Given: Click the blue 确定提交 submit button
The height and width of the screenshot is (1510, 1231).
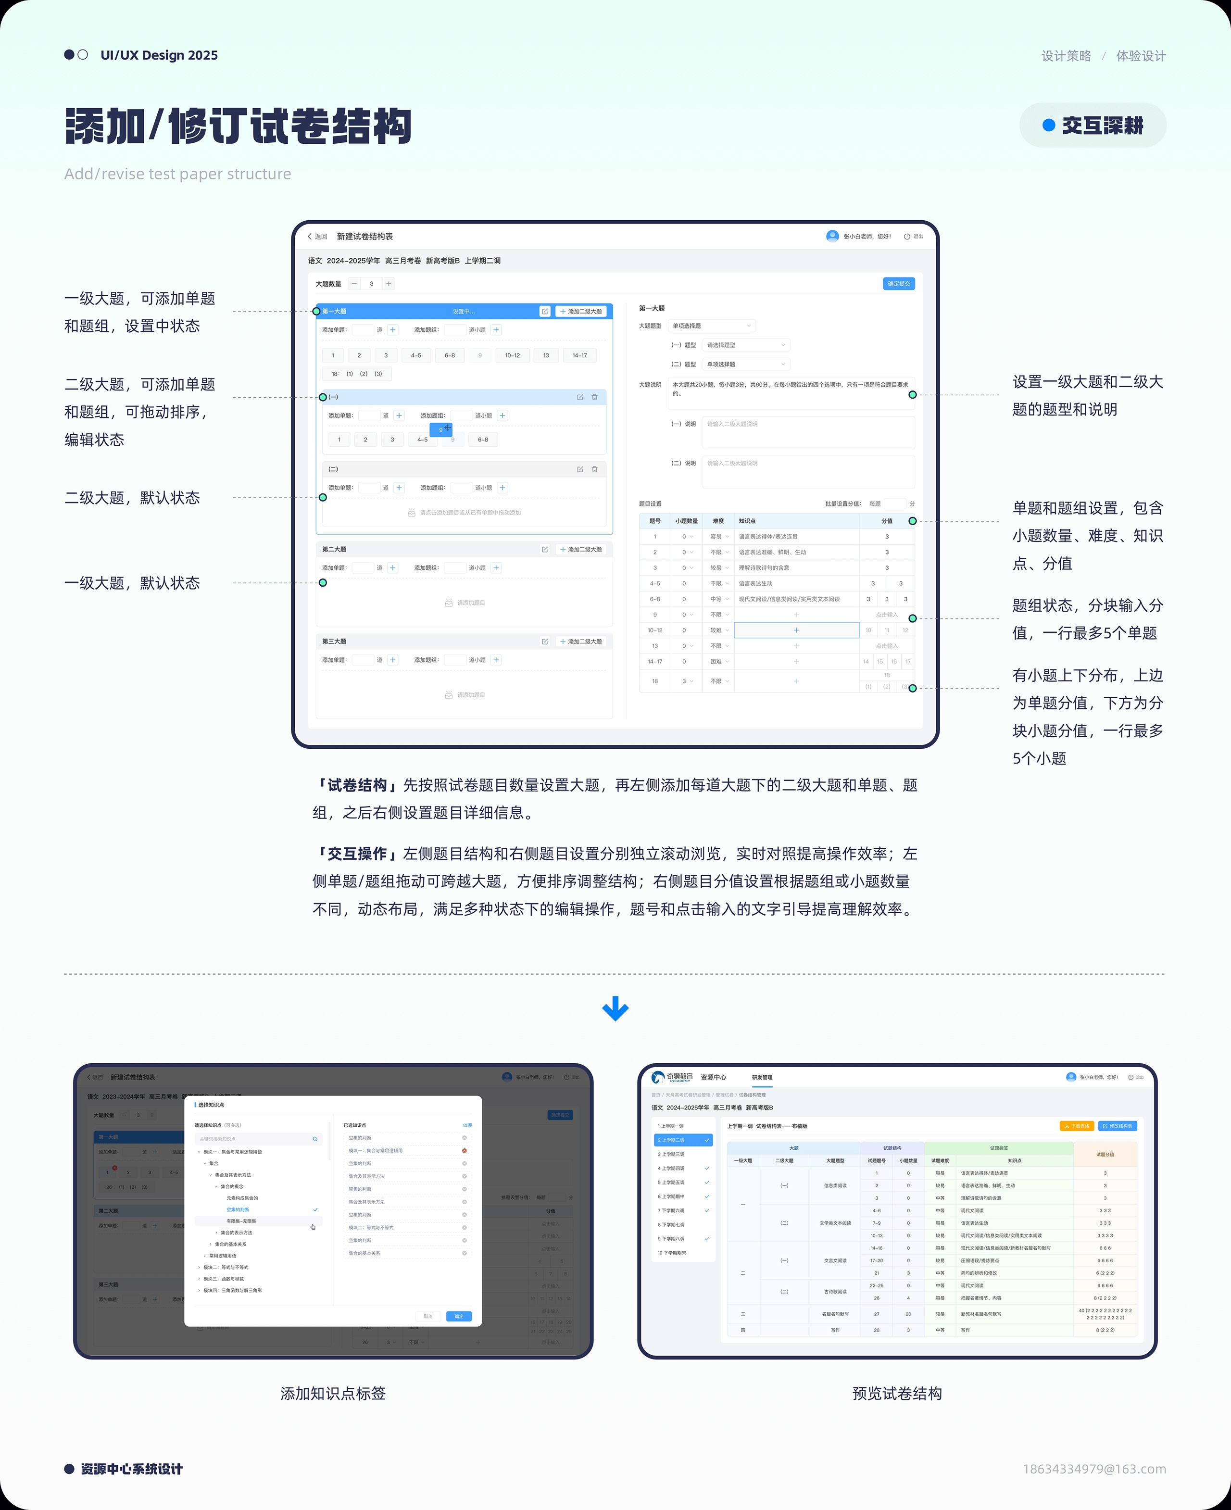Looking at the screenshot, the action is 898,284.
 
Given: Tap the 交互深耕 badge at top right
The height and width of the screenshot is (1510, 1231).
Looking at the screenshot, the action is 1092,126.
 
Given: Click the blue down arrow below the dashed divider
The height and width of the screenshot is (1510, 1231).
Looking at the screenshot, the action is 615,1008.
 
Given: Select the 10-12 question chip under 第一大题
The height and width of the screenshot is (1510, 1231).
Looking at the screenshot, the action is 512,355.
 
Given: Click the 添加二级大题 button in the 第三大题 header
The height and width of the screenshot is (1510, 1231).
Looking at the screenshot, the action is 581,641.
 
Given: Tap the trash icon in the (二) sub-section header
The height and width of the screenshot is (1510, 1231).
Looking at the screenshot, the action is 594,469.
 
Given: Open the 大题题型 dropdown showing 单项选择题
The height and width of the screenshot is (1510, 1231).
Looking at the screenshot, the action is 711,326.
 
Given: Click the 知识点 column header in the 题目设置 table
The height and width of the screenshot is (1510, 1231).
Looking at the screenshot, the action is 747,521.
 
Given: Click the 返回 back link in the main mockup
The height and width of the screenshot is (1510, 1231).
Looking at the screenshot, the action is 318,236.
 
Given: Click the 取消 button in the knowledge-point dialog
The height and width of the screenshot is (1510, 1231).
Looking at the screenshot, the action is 427,1316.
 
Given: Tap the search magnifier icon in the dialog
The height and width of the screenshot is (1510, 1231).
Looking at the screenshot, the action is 315,1138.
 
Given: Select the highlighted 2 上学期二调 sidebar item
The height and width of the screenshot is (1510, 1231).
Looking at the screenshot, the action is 682,1140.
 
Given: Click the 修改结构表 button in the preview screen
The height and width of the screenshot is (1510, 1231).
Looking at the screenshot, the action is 1117,1126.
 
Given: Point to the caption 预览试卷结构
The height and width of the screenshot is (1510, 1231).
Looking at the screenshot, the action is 896,1393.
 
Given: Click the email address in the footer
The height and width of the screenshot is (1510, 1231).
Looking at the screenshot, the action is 1093,1468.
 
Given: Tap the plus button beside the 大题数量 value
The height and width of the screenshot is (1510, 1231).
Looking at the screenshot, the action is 389,284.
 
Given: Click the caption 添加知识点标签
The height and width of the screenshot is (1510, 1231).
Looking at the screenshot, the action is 333,1393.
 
